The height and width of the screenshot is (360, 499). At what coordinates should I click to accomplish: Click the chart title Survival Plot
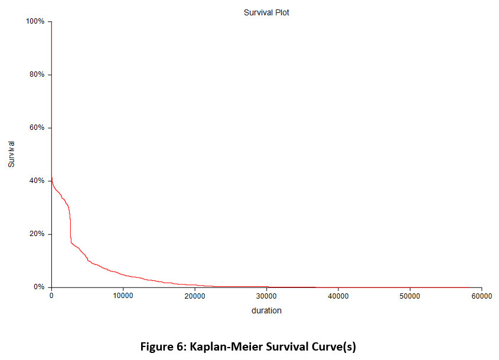coord(266,12)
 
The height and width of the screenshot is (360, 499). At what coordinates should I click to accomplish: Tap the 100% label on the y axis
coord(35,22)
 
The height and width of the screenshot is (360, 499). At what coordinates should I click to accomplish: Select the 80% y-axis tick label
coord(37,75)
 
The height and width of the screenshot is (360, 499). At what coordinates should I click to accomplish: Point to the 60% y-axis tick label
coord(37,128)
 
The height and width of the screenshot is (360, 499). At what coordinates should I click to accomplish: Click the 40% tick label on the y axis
coord(37,181)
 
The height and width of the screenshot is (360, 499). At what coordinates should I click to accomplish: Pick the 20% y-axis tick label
coord(37,234)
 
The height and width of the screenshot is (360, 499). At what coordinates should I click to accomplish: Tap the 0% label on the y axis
coord(39,287)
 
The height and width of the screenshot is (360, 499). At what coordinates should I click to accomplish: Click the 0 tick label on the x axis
coord(51,296)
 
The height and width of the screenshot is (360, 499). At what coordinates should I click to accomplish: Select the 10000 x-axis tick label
coord(123,296)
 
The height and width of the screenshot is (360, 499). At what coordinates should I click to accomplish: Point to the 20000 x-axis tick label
coord(195,296)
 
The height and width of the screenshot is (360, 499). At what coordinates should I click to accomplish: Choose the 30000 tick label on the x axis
coord(266,296)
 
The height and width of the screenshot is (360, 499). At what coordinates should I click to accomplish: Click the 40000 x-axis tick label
coord(338,296)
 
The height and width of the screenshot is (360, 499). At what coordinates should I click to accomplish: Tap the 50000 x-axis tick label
coord(410,296)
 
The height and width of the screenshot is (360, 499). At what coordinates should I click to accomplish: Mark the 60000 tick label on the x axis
coord(481,296)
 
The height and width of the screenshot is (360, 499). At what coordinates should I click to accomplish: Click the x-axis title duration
coord(266,310)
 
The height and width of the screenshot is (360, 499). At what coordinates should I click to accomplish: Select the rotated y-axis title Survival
coord(11,154)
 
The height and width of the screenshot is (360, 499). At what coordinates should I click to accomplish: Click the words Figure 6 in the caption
coord(162,347)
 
